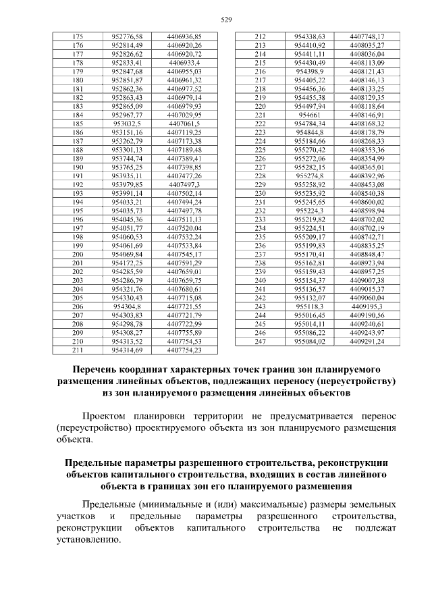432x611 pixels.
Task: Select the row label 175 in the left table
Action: click(x=77, y=36)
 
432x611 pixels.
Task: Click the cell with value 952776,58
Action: click(x=128, y=36)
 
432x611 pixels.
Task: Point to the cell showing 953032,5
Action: click(x=128, y=124)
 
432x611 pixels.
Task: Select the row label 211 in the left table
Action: click(x=77, y=350)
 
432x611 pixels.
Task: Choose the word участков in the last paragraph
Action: click(x=76, y=516)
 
